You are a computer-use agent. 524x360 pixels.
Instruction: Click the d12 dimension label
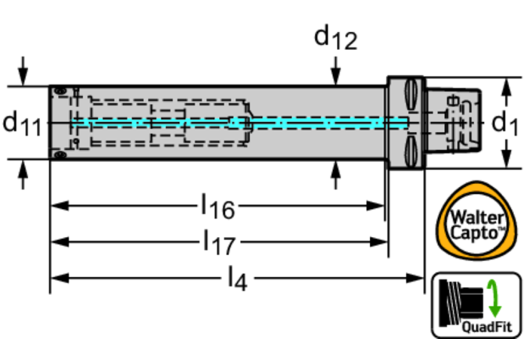click(335, 38)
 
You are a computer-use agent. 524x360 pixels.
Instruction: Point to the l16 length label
click(217, 207)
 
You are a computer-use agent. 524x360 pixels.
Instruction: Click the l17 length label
click(218, 242)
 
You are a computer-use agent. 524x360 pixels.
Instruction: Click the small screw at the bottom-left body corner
click(59, 156)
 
